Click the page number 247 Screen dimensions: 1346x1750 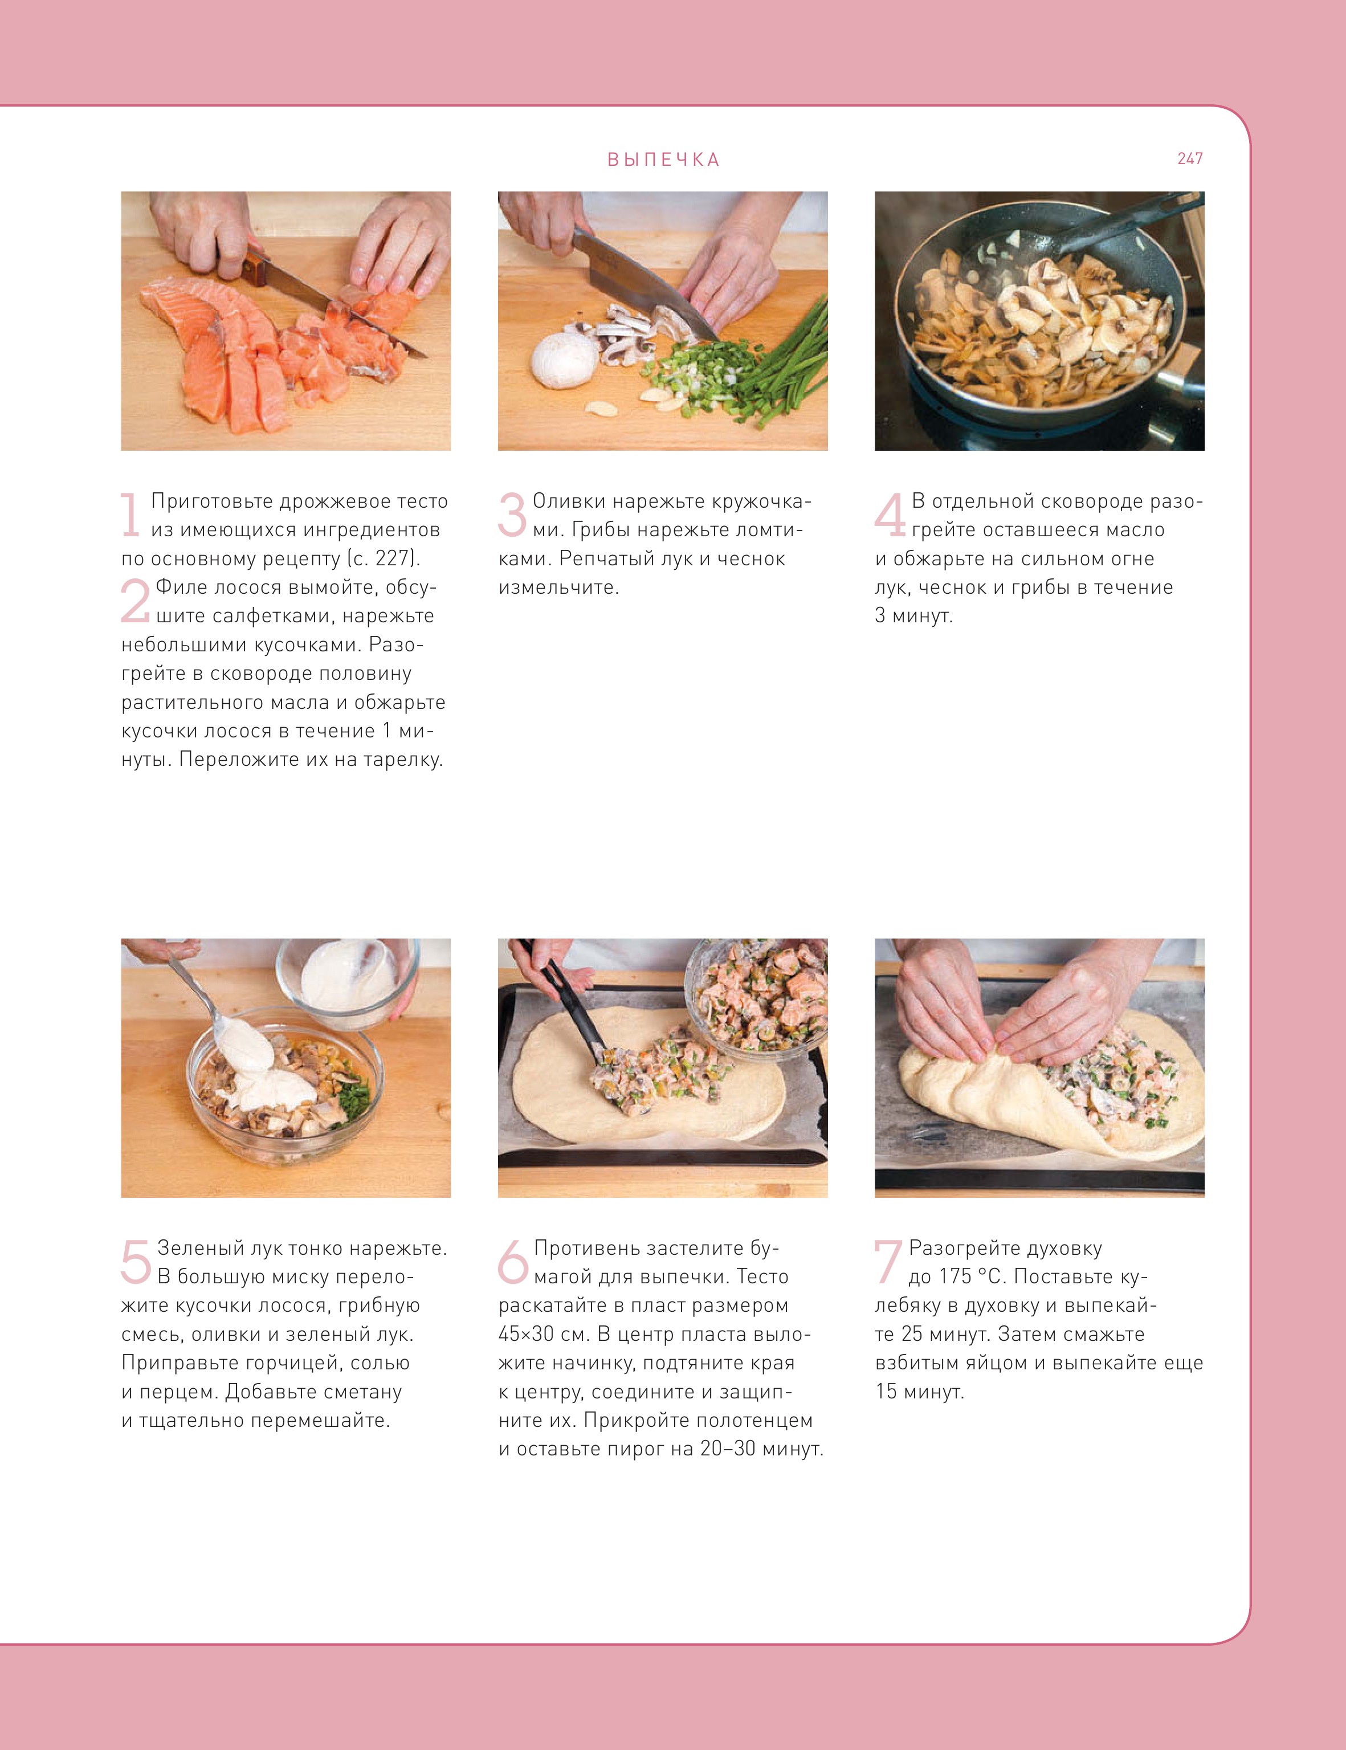coord(1190,158)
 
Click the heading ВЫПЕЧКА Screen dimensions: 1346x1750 coord(663,160)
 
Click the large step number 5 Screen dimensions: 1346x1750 coord(136,1261)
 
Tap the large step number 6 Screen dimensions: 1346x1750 coord(513,1261)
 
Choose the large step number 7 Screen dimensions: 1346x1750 coord(888,1261)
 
